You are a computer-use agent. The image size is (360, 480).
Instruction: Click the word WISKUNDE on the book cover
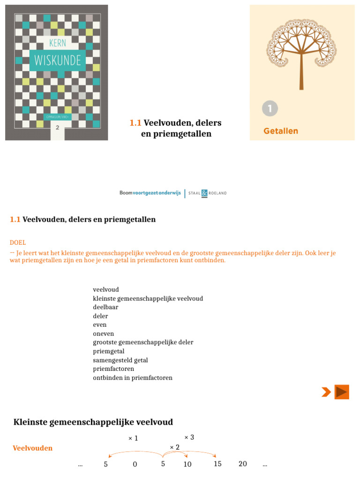click(x=57, y=60)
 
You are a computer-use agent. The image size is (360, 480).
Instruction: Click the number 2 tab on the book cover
click(x=57, y=127)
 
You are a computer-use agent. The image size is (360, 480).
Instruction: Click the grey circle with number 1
click(x=270, y=109)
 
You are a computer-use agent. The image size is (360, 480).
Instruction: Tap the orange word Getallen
click(x=281, y=131)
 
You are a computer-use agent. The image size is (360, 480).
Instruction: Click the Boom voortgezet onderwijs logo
click(x=150, y=193)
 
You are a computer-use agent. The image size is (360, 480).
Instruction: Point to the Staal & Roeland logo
click(x=207, y=193)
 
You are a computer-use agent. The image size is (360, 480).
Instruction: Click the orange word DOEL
click(x=18, y=242)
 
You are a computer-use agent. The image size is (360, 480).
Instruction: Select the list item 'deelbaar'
click(x=105, y=307)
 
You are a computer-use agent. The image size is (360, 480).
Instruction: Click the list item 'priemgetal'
click(x=109, y=351)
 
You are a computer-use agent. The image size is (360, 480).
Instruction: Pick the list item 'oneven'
click(x=104, y=334)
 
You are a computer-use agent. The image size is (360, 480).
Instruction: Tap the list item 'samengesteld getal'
click(x=120, y=360)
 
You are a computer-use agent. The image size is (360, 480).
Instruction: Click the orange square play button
click(x=342, y=392)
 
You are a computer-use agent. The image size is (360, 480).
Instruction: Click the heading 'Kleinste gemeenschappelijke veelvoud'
click(x=93, y=422)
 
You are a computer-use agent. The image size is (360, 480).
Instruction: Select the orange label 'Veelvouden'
click(x=33, y=448)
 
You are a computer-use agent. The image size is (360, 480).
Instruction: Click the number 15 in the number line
click(x=217, y=464)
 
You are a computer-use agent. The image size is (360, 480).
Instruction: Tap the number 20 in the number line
click(x=242, y=464)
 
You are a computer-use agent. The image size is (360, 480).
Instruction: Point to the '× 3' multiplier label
click(x=189, y=437)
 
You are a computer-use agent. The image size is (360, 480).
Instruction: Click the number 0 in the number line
click(x=135, y=465)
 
